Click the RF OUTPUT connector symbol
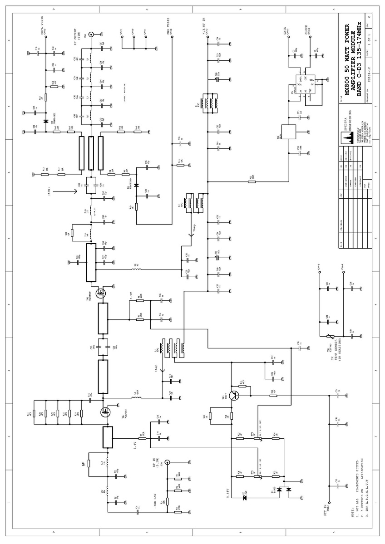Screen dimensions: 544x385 (x=91, y=34)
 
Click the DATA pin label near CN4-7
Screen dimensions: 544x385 (x=285, y=31)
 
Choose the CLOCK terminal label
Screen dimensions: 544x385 (x=306, y=29)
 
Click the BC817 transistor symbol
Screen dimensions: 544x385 (x=234, y=395)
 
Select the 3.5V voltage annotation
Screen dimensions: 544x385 (x=131, y=297)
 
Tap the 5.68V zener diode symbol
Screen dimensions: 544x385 (x=245, y=498)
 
